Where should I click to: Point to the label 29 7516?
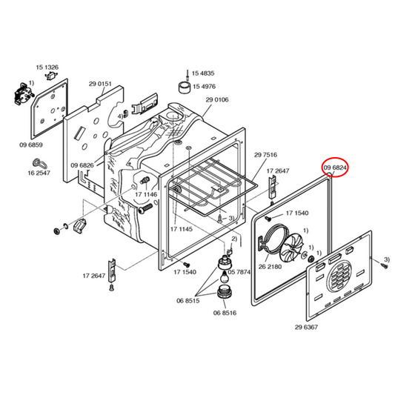point(265,155)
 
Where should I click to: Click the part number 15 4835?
point(203,73)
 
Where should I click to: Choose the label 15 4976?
point(203,87)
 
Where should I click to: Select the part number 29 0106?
point(217,100)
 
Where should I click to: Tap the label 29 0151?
point(101,84)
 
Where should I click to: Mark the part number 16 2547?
point(39,173)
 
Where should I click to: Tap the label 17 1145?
point(181,229)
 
